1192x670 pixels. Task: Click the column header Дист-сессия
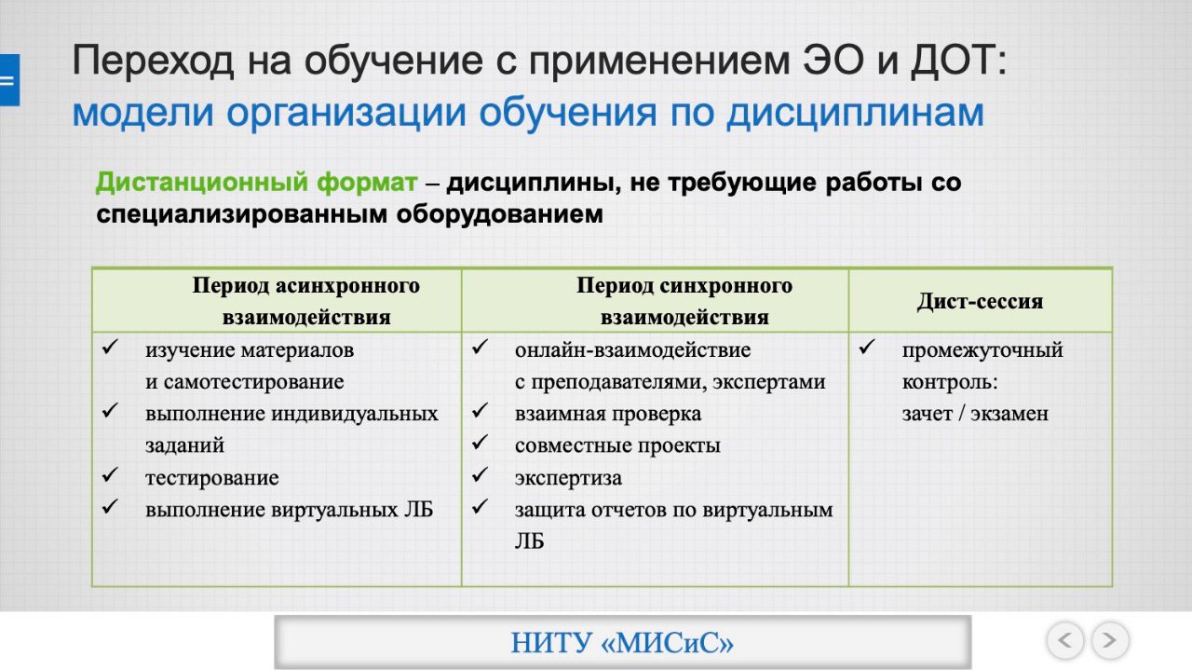(980, 301)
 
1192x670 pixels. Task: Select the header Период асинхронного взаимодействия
(306, 301)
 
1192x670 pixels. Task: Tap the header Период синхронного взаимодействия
(684, 301)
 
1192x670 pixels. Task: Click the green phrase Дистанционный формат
(256, 182)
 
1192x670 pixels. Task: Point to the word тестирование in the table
(211, 478)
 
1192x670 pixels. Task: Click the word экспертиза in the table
(568, 478)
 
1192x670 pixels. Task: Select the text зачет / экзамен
(975, 414)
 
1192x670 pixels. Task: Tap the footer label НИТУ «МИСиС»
(622, 643)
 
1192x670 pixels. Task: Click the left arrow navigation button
(1064, 639)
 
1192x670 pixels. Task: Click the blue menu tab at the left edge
(9, 80)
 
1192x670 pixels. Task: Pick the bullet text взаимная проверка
(608, 414)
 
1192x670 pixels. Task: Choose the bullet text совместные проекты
(617, 445)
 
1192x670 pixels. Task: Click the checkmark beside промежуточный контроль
(867, 348)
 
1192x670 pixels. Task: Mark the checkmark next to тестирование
(110, 474)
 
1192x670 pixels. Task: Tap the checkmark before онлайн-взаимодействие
(480, 347)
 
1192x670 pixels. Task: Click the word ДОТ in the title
(957, 61)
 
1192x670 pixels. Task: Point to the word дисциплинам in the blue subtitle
(856, 113)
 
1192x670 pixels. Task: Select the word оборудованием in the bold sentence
(499, 214)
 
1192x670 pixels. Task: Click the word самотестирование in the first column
(253, 382)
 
